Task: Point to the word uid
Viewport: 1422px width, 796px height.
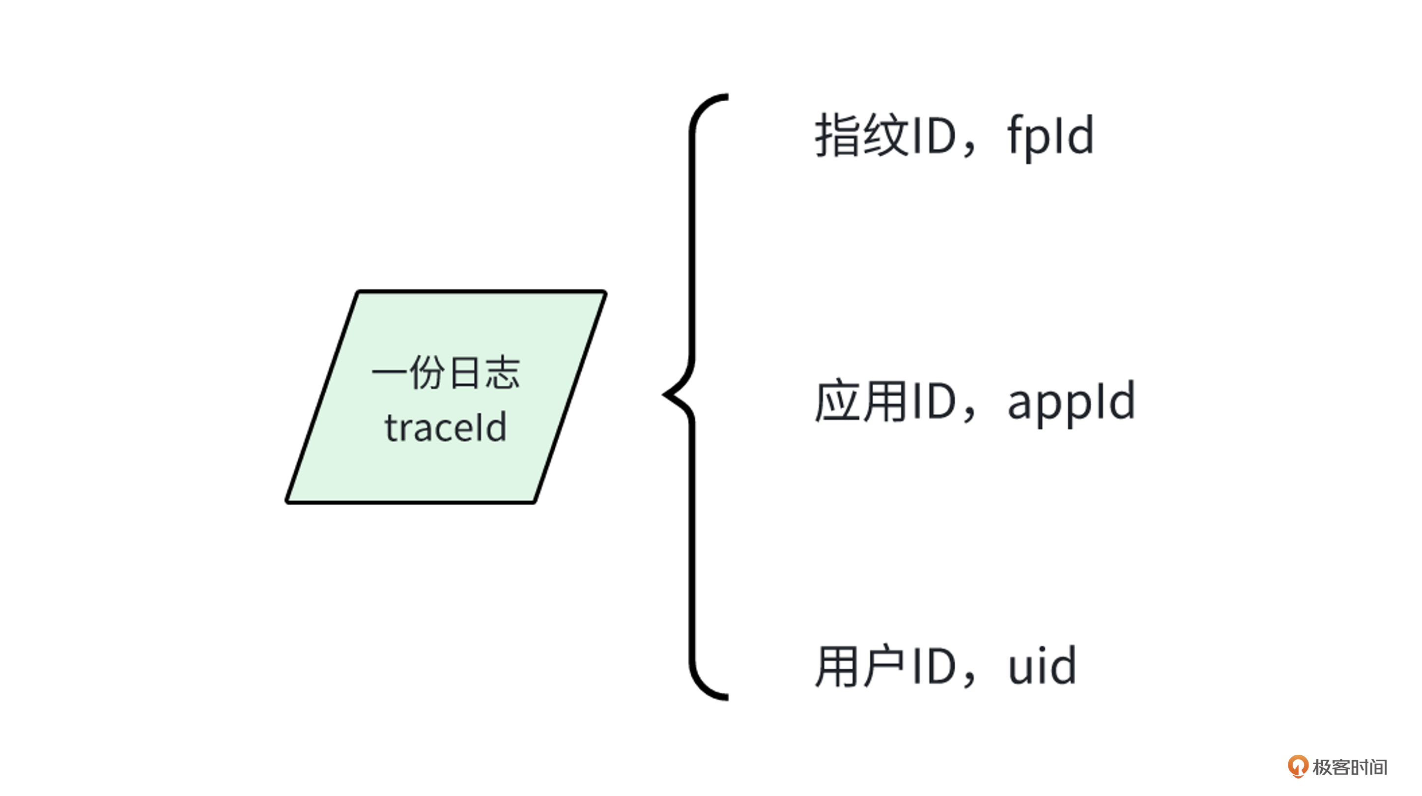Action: tap(1042, 667)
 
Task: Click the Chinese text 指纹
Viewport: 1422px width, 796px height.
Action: tap(862, 136)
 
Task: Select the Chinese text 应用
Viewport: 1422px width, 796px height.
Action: tap(862, 401)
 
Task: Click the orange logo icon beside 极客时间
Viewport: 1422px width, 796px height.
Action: tap(1297, 766)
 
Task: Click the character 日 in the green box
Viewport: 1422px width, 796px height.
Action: tap(464, 372)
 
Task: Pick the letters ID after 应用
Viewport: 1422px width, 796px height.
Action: tap(934, 401)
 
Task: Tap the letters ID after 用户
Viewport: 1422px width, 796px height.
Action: tap(934, 667)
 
